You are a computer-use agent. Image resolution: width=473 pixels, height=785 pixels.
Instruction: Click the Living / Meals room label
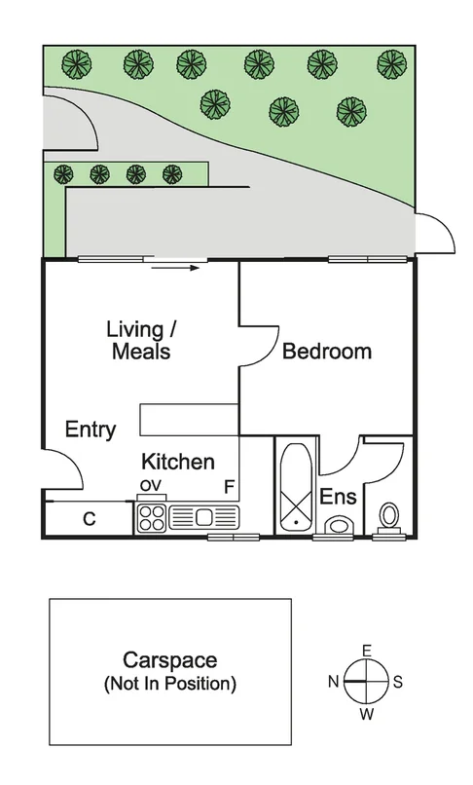(x=138, y=340)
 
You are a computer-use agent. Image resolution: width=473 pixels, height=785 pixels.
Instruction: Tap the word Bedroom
(x=327, y=352)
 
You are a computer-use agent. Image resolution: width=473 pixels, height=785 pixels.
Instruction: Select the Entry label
(x=91, y=430)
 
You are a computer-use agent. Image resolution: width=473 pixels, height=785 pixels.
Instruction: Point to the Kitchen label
(x=178, y=462)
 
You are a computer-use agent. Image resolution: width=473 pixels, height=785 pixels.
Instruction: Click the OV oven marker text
(x=150, y=485)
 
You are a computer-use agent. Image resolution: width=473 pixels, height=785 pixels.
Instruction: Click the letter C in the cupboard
(x=89, y=519)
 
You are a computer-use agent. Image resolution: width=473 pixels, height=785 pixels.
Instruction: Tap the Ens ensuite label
(x=339, y=497)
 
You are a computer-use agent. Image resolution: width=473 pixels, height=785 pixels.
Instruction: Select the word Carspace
(x=169, y=661)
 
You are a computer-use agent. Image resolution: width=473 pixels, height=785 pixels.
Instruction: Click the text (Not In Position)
(x=169, y=684)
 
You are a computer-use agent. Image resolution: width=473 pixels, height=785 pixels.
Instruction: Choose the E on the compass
(x=366, y=650)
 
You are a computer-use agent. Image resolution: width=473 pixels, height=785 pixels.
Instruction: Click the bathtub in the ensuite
(x=294, y=488)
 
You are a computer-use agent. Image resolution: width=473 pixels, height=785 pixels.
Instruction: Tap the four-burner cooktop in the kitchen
(x=152, y=517)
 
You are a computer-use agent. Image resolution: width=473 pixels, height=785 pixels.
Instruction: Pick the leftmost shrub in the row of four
(x=63, y=174)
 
